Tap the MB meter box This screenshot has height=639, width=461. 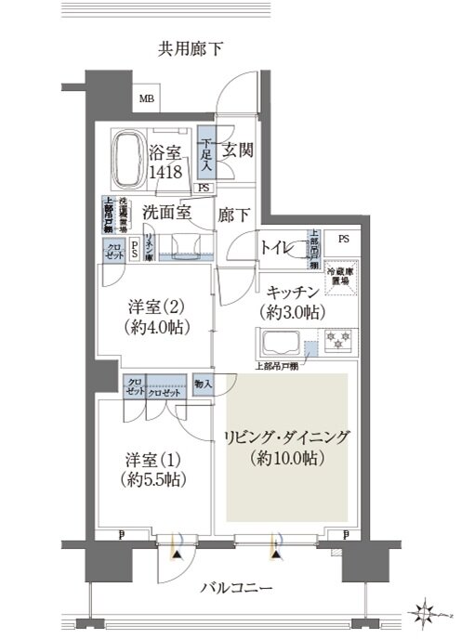[147, 98]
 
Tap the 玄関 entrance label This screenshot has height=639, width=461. [237, 150]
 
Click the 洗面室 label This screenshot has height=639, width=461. [166, 212]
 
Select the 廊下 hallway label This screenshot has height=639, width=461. [232, 213]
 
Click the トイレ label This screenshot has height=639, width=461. [279, 247]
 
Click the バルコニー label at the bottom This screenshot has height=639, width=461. [237, 589]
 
